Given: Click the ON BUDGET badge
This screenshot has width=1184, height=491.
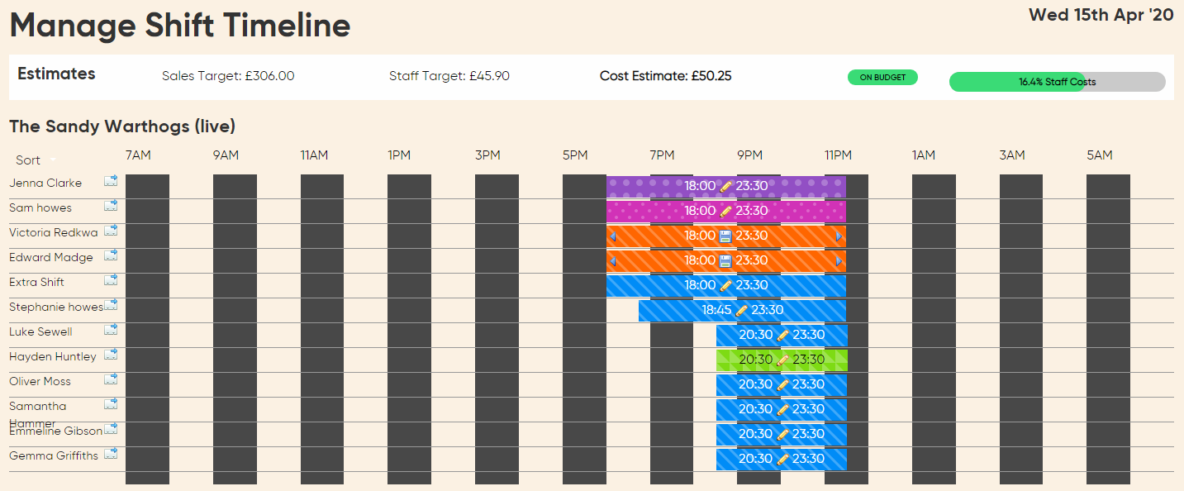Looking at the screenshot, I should pos(882,78).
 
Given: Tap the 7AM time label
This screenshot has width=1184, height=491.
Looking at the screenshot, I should pos(138,155).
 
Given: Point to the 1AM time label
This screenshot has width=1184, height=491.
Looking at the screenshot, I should pos(924,155).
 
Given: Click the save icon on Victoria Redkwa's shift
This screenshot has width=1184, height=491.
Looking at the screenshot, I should pos(725,236).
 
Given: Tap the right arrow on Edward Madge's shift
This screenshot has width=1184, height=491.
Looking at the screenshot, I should pos(839,261).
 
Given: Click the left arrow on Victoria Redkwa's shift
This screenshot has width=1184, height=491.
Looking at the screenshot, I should pos(612,236).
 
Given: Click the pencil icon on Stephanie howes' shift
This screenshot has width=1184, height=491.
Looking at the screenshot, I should pos(741,311).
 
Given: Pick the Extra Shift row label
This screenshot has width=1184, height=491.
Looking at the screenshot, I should pos(36,283).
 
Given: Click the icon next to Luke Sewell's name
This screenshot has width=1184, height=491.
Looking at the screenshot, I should pos(111,330).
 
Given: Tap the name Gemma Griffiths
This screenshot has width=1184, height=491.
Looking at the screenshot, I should pos(54,456).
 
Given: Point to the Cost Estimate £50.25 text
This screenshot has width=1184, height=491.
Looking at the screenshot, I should pos(665,76).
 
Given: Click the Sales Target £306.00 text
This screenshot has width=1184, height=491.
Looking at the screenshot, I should pos(228,76).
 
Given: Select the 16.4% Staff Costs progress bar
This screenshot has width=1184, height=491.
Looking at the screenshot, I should pos(1057,82).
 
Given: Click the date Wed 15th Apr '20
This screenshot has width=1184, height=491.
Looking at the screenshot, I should pos(1101,15).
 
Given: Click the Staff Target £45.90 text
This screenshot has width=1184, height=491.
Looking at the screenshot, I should pos(449,76).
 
